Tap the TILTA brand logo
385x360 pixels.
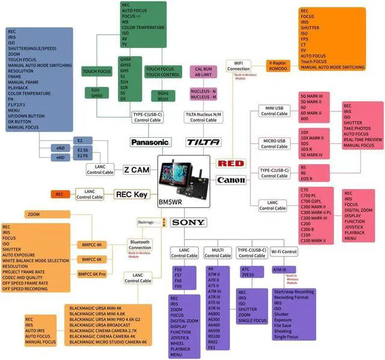pos(199,143)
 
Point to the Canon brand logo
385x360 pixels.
pos(231,179)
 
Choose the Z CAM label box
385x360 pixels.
pos(137,170)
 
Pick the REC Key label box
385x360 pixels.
pos(131,194)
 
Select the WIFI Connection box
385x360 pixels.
pos(239,66)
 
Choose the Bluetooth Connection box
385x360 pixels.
pos(140,245)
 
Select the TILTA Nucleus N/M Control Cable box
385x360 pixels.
pos(203,117)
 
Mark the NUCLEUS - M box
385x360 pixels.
pos(203,96)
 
